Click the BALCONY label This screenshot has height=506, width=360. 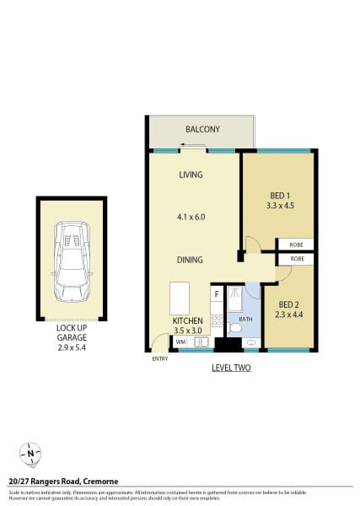point(202,129)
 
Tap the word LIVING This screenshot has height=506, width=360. point(191,175)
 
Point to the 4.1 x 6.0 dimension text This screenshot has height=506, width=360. point(191,217)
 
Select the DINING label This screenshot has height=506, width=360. point(191,261)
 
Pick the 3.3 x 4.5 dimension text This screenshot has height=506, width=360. point(278,204)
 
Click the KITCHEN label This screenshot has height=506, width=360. point(187,321)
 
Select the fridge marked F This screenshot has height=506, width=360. point(217,294)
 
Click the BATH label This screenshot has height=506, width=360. point(245,320)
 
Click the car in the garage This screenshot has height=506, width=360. point(71,261)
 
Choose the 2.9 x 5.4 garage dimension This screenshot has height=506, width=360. point(71,347)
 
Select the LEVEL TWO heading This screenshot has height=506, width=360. point(230,369)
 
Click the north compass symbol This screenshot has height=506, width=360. point(30,454)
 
